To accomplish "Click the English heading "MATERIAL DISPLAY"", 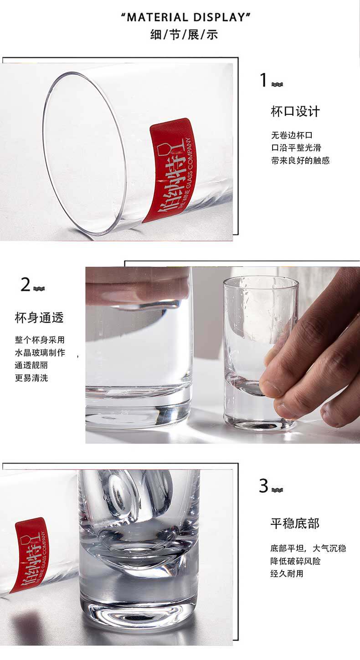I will click(x=186, y=18).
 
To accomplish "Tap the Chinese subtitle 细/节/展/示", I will click(x=184, y=35).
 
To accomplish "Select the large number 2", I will click(x=26, y=285).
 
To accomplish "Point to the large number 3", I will click(x=263, y=486).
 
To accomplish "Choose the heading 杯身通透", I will click(x=39, y=318).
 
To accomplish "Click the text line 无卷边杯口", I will click(x=292, y=135).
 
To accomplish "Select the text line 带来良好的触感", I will click(x=300, y=160).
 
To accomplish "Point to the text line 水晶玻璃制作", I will click(x=40, y=353).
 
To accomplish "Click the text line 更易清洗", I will click(x=31, y=378).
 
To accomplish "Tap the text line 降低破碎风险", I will click(x=295, y=561).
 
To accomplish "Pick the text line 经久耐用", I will click(x=287, y=573).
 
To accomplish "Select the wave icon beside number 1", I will click(x=277, y=84).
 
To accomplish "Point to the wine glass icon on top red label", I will click(x=165, y=149).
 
